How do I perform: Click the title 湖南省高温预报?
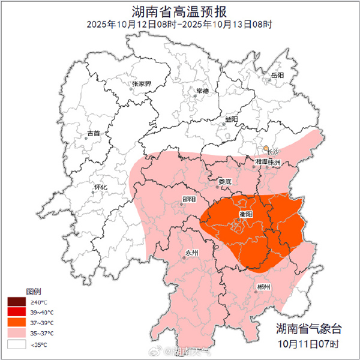(179, 11)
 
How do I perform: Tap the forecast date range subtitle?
(179, 25)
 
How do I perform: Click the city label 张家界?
(142, 85)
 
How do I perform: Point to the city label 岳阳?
(277, 76)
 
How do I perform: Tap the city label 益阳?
(232, 119)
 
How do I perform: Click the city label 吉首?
(94, 133)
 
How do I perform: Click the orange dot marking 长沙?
(266, 148)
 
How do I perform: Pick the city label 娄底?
(224, 181)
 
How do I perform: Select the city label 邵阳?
(188, 203)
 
